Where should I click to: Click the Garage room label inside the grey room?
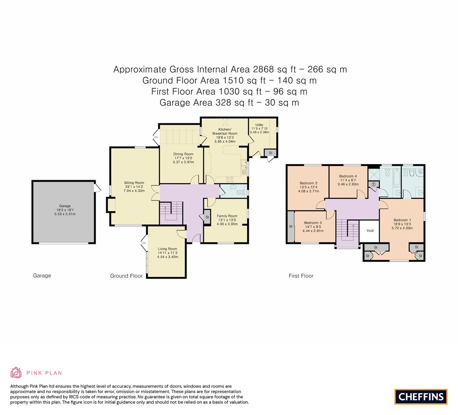(65, 206)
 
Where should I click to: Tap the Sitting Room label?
(134, 183)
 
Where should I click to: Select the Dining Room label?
(183, 154)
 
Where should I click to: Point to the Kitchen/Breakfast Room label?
(225, 131)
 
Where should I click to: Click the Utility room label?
(259, 124)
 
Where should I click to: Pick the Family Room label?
(227, 216)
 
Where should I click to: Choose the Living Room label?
(168, 249)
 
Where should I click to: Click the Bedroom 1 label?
(402, 220)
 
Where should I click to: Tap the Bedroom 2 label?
(308, 183)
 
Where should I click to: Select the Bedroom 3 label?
(313, 222)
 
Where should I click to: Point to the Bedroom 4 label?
(348, 176)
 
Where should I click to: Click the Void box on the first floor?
(370, 231)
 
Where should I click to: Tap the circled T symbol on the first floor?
(373, 184)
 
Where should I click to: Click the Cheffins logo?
(421, 397)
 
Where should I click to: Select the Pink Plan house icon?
(16, 373)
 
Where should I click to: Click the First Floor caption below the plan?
(301, 276)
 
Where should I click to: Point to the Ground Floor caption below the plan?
(126, 276)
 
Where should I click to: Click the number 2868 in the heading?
(263, 70)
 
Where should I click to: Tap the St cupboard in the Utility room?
(270, 153)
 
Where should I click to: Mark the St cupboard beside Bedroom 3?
(291, 226)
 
